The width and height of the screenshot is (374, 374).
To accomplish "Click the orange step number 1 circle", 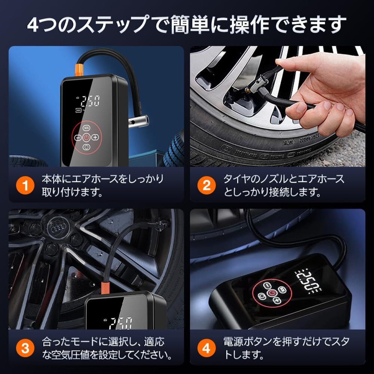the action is (x=25, y=185).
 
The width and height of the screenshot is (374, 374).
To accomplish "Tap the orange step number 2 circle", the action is (x=207, y=185).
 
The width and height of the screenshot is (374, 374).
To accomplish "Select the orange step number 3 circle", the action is (x=25, y=348).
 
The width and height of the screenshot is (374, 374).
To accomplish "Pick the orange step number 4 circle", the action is (x=207, y=348).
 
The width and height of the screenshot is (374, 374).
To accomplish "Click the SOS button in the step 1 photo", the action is (x=86, y=128).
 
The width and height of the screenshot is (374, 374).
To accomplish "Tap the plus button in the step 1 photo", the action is (x=95, y=137).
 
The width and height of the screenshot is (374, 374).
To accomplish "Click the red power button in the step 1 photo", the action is (x=86, y=137).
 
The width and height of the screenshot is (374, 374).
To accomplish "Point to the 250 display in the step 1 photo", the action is (x=90, y=101).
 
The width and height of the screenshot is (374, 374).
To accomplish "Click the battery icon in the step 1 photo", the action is (x=79, y=111).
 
